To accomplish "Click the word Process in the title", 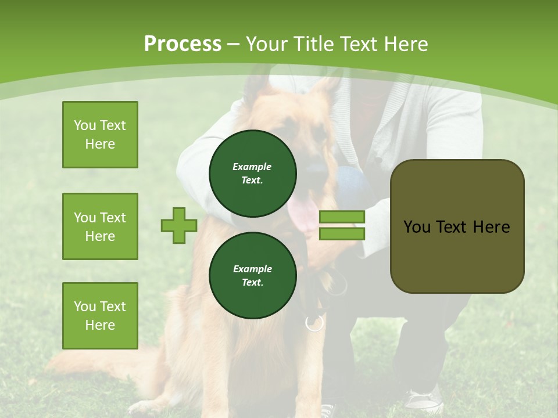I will tap(183, 44).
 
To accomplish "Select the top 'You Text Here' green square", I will tap(100, 135).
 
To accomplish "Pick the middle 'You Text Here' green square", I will tap(100, 226).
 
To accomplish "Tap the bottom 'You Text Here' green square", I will tap(100, 316).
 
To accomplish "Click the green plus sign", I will tap(179, 225).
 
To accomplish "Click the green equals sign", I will tap(342, 225).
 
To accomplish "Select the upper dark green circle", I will tap(252, 173).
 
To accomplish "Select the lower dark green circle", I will tap(252, 275).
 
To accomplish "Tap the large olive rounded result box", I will tap(457, 226).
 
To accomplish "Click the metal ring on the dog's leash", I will tap(314, 323).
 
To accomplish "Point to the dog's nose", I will tap(316, 170).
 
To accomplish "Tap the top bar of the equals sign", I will tap(342, 217).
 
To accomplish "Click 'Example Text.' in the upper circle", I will tap(252, 173).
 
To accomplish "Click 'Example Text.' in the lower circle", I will tap(252, 275).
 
